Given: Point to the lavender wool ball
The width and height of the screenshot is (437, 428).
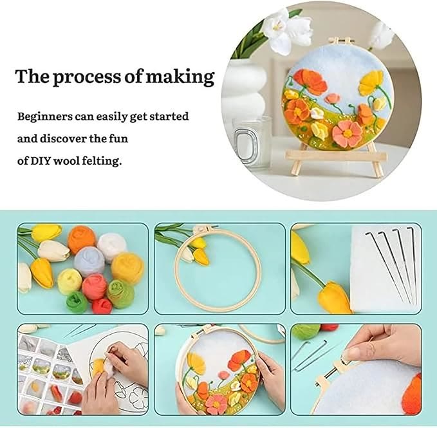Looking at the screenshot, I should (x=89, y=261).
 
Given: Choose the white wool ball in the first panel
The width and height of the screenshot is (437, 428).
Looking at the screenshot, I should (x=111, y=246).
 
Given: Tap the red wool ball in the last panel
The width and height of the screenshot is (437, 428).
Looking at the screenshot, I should (x=330, y=327).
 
